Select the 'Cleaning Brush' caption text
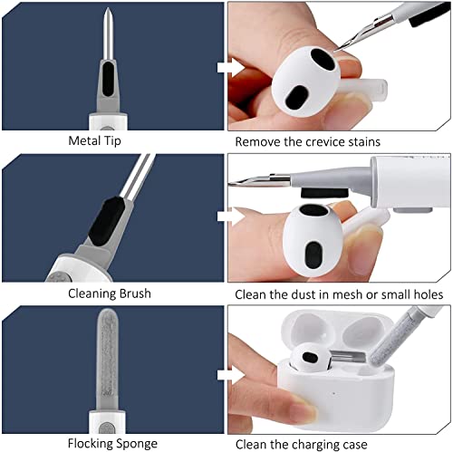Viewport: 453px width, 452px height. coord(111,293)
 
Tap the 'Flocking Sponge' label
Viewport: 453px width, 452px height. coord(111,443)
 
